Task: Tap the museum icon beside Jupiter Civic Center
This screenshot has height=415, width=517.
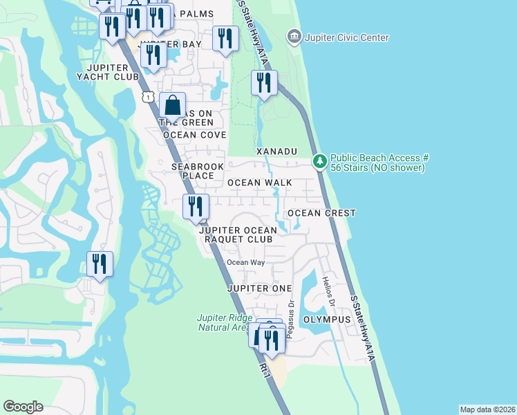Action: [x=294, y=36]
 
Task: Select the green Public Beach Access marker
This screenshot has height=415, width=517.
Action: [x=319, y=162]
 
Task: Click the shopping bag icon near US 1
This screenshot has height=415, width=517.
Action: [x=173, y=106]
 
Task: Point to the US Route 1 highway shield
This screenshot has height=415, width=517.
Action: [x=148, y=98]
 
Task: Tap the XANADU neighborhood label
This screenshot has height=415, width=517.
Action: [x=276, y=151]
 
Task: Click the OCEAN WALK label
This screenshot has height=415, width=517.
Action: [x=260, y=183]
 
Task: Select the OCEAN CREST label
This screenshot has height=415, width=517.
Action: [x=321, y=213]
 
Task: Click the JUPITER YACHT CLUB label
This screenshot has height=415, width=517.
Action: [x=114, y=72]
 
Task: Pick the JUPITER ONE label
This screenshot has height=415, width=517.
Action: [x=258, y=288]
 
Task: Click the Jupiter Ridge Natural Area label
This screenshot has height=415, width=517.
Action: [x=223, y=322]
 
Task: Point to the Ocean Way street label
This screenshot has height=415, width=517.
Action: [x=246, y=262]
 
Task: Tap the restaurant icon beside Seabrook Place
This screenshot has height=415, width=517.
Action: [x=196, y=206]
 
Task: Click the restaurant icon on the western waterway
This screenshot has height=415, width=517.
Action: [x=100, y=264]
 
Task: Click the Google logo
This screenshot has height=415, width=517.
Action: [x=23, y=407]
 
